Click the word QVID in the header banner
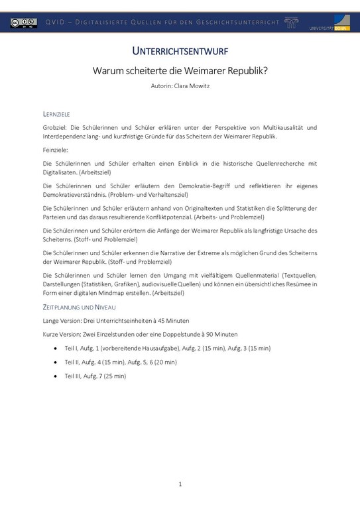56,23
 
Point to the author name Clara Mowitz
192,85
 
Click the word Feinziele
55,150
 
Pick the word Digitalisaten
61,172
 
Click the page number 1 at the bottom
180,484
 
